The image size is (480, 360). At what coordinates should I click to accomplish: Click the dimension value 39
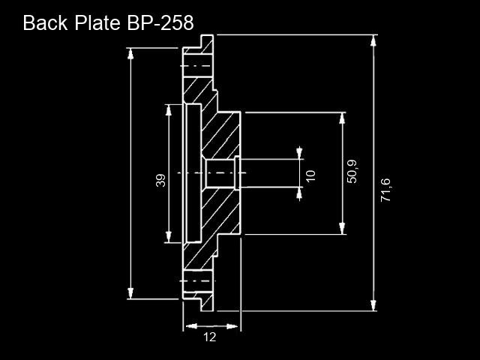(x=160, y=180)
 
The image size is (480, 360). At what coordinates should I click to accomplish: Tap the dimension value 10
(x=310, y=175)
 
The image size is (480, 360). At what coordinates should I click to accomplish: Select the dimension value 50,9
(x=352, y=172)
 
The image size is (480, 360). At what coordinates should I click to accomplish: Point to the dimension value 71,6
(x=385, y=190)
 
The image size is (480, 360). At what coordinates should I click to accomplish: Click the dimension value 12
(x=210, y=337)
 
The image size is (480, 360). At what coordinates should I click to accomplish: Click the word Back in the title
(x=45, y=22)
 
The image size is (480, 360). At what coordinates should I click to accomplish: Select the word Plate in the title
(x=97, y=22)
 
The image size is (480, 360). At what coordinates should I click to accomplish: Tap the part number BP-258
(x=160, y=22)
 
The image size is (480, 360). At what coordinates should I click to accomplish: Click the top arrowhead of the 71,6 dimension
(x=373, y=40)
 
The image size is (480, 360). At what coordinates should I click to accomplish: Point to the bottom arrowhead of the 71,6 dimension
(x=373, y=305)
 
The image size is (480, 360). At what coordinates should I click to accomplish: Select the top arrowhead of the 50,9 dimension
(x=342, y=118)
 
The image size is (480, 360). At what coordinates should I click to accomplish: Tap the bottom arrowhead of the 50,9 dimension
(x=342, y=228)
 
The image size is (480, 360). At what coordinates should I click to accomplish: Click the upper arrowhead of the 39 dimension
(x=168, y=110)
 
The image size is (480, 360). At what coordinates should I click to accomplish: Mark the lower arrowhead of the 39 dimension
(x=168, y=237)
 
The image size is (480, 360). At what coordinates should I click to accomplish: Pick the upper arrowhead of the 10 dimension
(x=299, y=154)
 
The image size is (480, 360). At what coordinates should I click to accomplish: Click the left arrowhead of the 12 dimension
(x=191, y=326)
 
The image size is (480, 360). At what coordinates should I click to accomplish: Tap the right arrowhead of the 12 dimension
(x=232, y=326)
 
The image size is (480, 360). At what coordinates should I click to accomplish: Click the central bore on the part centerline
(x=220, y=173)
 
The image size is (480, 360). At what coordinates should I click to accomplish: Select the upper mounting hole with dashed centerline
(x=198, y=66)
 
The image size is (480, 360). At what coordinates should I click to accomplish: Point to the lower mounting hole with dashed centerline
(x=198, y=281)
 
